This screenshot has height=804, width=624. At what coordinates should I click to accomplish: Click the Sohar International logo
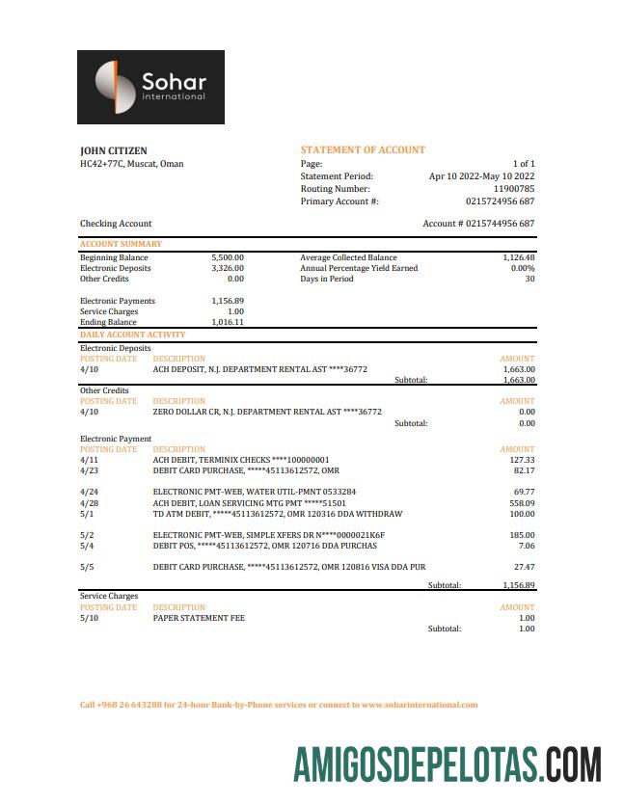click(x=150, y=87)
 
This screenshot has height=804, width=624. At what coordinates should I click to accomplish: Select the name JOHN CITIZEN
click(x=113, y=151)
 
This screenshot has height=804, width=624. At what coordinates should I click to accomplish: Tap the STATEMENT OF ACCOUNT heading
click(x=363, y=150)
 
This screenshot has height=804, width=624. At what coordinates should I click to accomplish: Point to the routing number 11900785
click(x=514, y=189)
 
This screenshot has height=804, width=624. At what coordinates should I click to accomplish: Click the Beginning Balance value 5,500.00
click(x=228, y=258)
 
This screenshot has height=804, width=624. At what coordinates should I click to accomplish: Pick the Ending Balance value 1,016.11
click(x=228, y=323)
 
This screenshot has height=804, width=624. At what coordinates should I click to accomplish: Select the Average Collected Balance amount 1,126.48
click(x=518, y=258)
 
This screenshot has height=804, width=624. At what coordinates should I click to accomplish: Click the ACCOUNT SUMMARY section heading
click(x=121, y=245)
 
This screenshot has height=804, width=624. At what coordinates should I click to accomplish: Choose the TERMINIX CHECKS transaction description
click(x=241, y=460)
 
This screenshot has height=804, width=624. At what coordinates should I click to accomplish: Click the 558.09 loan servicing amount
click(x=522, y=503)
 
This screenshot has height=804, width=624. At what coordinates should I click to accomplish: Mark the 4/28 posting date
click(x=89, y=503)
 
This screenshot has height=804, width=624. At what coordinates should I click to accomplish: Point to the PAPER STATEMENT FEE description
click(x=199, y=618)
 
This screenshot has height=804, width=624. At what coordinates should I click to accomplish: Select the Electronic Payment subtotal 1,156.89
click(x=518, y=585)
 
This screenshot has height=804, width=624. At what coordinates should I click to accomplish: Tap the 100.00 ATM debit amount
click(x=522, y=514)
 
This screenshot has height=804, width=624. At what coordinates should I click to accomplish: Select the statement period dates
click(x=481, y=176)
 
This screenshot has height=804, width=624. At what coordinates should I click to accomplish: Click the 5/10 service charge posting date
click(x=89, y=618)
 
